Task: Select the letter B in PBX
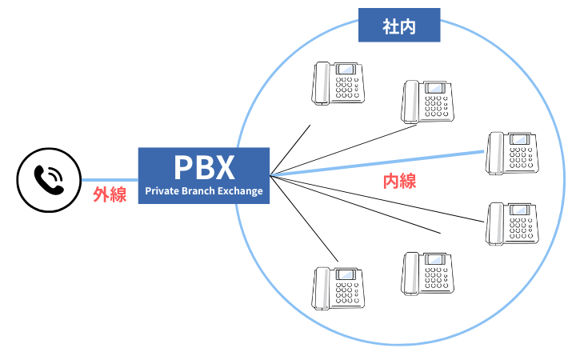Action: [x=205, y=167]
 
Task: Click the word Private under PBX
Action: [x=163, y=191]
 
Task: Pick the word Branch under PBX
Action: [x=202, y=191]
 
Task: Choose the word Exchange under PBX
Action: [x=241, y=191]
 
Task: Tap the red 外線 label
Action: [x=110, y=194]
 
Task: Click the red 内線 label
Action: [x=399, y=182]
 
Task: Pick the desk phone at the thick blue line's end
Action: [x=513, y=154]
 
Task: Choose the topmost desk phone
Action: [x=338, y=82]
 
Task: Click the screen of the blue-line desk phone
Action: [x=519, y=140]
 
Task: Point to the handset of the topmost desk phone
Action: [x=322, y=83]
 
